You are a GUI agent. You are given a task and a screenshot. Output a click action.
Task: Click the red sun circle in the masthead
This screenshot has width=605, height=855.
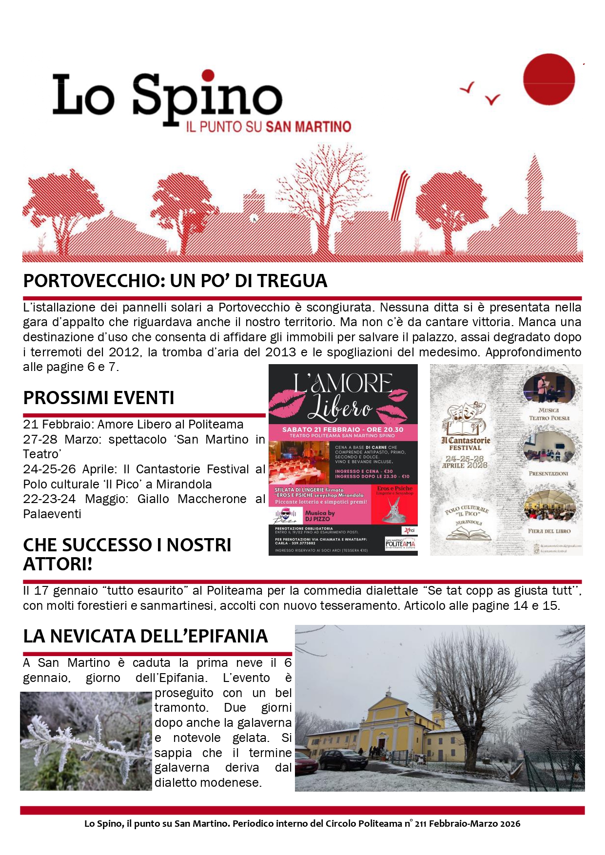tap(548, 79)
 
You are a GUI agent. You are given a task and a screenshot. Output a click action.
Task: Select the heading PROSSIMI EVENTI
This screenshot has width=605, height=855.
tap(98, 398)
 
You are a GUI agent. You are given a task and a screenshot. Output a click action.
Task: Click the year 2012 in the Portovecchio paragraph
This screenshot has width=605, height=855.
tap(124, 352)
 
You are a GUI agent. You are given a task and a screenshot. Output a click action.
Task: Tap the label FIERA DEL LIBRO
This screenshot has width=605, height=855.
tap(549, 531)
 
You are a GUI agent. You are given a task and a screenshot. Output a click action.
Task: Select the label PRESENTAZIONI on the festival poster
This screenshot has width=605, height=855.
tap(548, 474)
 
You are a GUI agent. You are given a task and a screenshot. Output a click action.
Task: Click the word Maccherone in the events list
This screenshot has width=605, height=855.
tap(212, 499)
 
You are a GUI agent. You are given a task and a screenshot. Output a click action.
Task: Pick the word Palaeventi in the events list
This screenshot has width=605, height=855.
tap(52, 514)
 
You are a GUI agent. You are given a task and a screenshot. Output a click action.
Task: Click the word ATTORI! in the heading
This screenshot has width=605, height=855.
tap(58, 564)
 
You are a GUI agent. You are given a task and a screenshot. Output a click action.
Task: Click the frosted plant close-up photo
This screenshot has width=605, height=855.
tap(86, 741)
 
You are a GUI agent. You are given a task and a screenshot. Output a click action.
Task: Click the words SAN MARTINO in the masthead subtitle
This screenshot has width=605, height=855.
tap(309, 127)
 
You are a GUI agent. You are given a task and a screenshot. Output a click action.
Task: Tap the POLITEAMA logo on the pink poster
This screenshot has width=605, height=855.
tap(400, 544)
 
